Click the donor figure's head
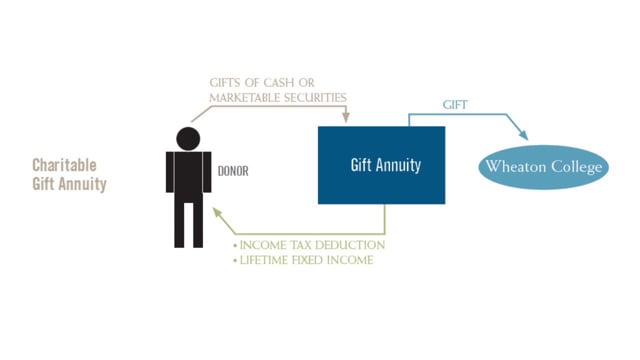(x=188, y=139)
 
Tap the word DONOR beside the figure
(x=233, y=171)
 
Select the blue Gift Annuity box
(x=382, y=165)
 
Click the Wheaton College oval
(x=543, y=167)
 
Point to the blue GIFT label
(x=455, y=105)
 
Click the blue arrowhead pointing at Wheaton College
(x=523, y=136)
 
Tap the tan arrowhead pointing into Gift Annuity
(x=346, y=118)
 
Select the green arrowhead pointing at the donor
(x=218, y=213)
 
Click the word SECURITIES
(x=315, y=98)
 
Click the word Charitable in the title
(x=64, y=165)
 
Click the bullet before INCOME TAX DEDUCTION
(x=235, y=246)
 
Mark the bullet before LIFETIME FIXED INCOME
(x=235, y=260)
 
